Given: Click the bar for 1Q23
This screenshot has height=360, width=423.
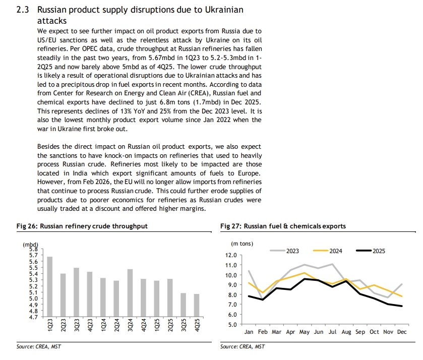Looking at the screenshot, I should (49, 286).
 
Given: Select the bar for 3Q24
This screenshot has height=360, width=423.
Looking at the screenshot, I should (130, 293).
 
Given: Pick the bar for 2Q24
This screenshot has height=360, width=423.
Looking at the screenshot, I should (116, 298).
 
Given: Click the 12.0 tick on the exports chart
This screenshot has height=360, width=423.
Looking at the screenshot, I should (231, 256).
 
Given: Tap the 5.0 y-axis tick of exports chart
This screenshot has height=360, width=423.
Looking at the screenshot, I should (231, 324).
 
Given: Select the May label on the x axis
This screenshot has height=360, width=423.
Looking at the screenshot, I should (305, 332).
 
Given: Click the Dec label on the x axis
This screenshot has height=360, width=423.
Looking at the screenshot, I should (402, 332).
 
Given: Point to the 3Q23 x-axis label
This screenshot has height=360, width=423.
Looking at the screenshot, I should (76, 325).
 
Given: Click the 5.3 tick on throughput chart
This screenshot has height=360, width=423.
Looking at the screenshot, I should (33, 280).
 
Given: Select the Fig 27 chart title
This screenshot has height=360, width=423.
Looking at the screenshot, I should (283, 226).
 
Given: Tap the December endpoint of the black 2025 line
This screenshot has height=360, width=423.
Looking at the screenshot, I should (402, 306).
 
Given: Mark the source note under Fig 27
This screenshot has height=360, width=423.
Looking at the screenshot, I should (242, 346).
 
